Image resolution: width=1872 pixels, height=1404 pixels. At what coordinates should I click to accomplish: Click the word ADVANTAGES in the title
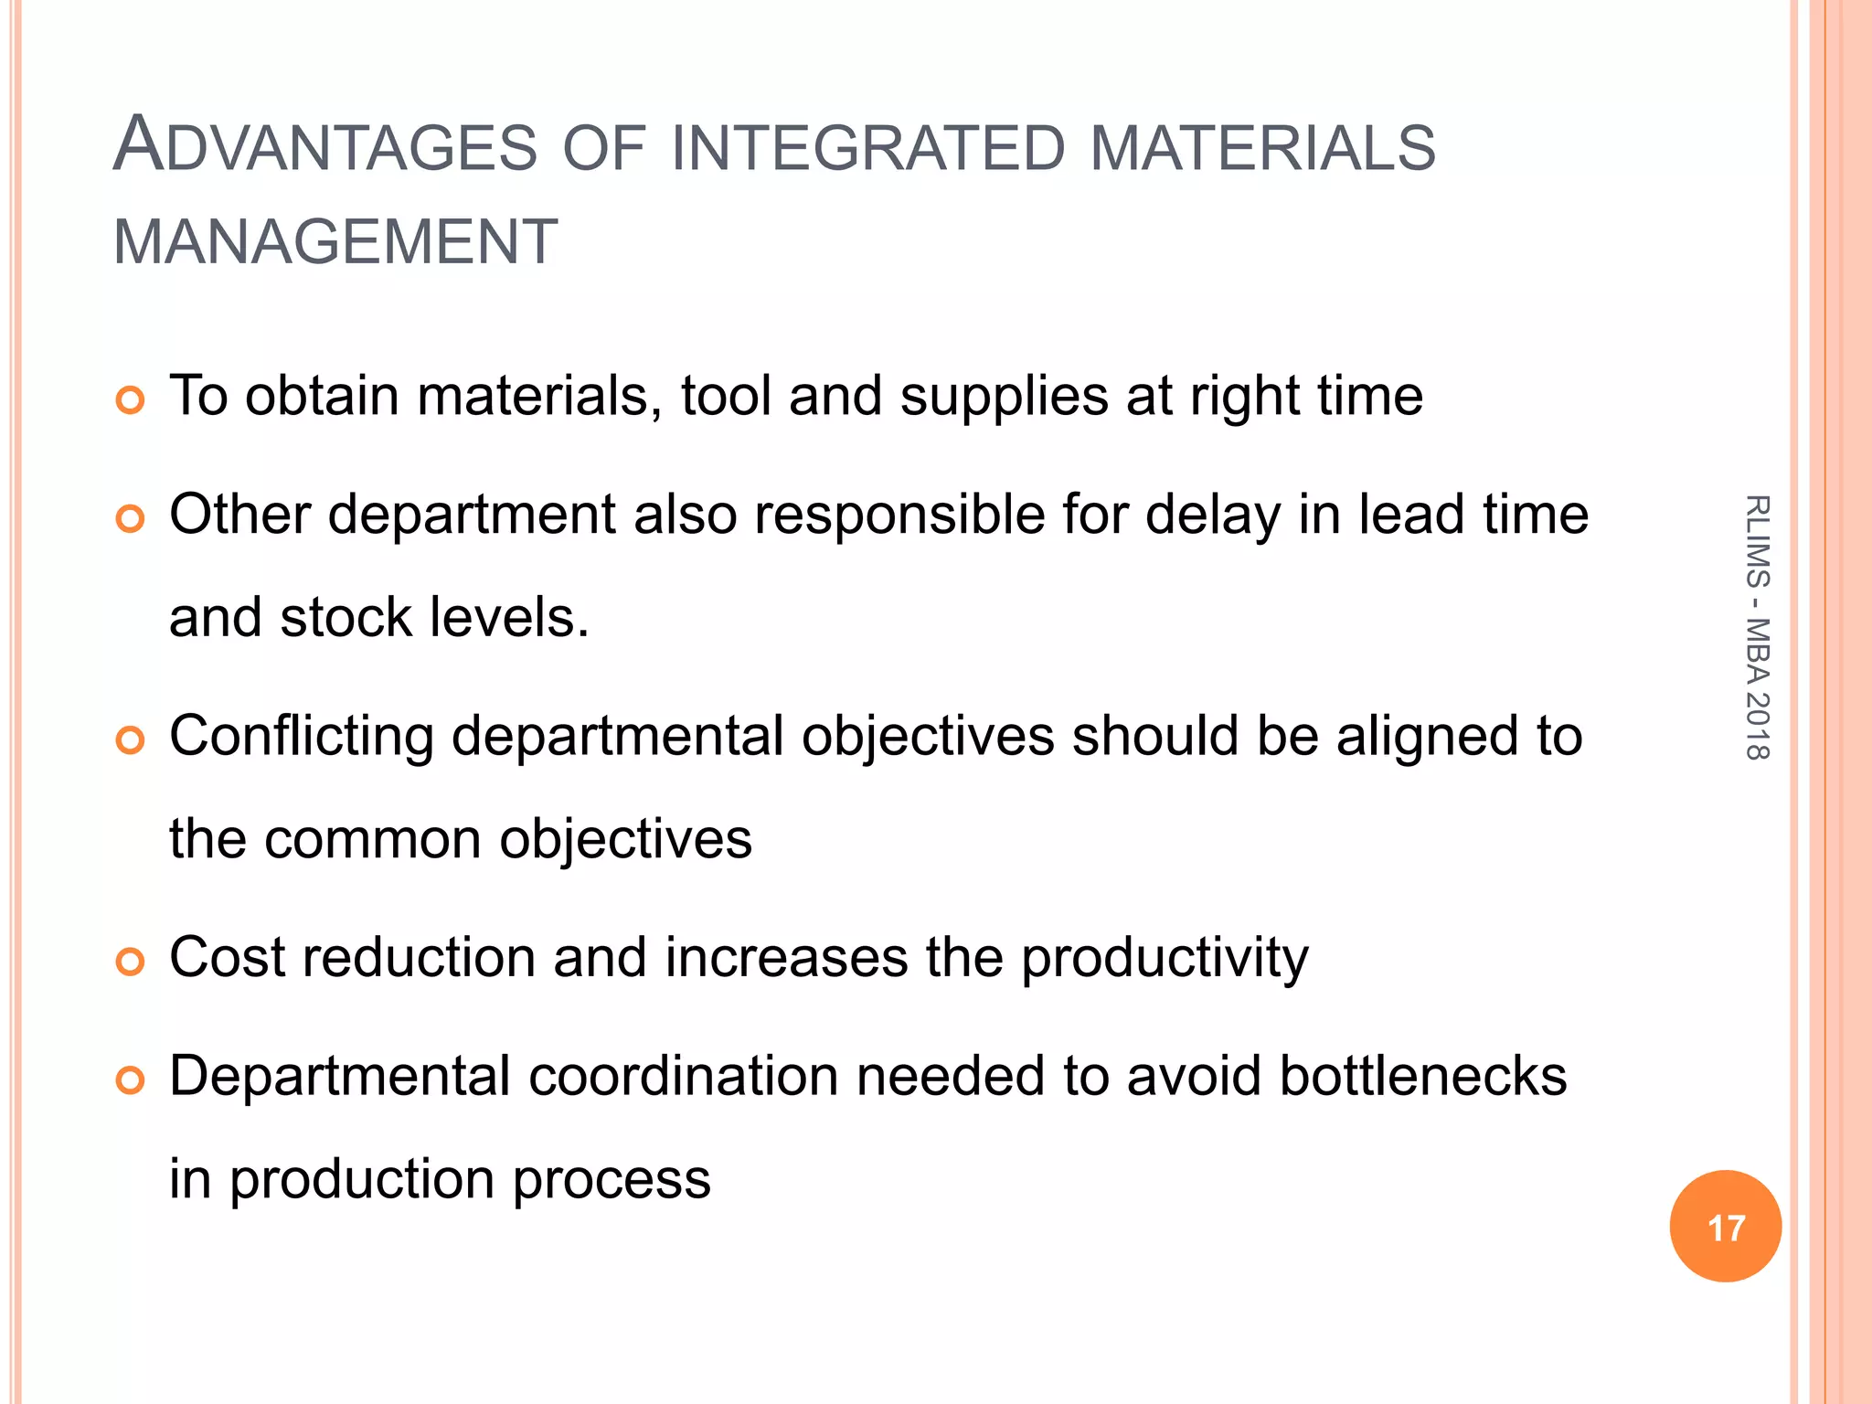[325, 146]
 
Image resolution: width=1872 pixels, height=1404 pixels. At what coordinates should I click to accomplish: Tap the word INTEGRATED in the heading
[868, 149]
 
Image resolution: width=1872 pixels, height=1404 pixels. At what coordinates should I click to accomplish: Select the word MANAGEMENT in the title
[335, 242]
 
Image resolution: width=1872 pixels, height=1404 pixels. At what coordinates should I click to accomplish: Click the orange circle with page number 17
[1725, 1227]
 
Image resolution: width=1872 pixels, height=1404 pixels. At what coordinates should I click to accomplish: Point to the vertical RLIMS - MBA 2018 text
[1757, 627]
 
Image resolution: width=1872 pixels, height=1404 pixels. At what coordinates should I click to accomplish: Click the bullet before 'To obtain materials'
[131, 400]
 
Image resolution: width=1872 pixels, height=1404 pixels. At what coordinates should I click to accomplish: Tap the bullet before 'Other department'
[131, 519]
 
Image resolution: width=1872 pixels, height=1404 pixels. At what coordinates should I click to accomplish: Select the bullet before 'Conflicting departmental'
[131, 740]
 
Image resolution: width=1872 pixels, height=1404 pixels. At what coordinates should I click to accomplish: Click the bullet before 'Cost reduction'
[131, 962]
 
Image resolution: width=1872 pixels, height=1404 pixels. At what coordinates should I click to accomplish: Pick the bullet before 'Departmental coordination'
[131, 1080]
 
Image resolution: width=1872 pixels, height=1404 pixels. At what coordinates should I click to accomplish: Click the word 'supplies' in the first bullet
[1004, 398]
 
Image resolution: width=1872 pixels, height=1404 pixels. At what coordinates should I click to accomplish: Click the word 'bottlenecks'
[1423, 1076]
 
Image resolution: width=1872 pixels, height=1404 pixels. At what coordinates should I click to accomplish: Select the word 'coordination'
[683, 1076]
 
